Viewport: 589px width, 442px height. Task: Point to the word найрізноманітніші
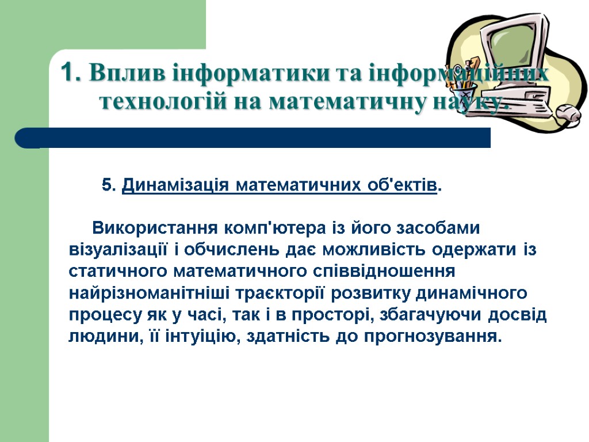(x=151, y=294)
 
